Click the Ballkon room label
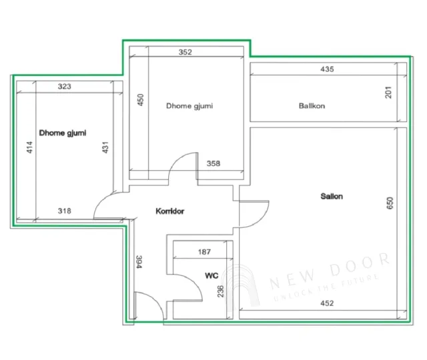coord(312,105)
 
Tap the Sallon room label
coord(332,196)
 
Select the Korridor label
coord(170,211)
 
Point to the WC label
coord(211,275)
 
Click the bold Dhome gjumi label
coord(63,133)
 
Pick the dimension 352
coord(185,52)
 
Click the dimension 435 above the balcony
coord(327,69)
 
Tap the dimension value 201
coord(389,92)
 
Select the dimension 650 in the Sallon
coord(390,203)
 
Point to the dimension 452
coord(327,303)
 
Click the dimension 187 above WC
coord(204,252)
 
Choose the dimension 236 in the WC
coord(221,291)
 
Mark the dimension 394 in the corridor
coord(139,262)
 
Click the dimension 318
coord(65,211)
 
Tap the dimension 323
coord(65,87)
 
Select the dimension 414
coord(29,147)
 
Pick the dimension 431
coord(105,147)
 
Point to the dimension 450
coord(140,100)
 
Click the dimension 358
coord(213,163)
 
